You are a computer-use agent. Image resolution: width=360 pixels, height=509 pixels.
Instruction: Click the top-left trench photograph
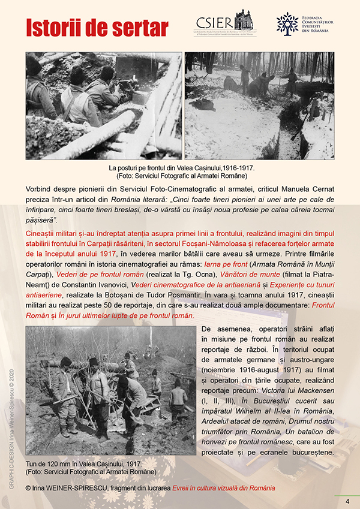(104, 106)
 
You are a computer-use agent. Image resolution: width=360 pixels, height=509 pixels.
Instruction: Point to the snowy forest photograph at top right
(259, 106)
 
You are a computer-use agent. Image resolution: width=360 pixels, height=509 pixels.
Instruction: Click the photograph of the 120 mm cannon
(111, 391)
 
